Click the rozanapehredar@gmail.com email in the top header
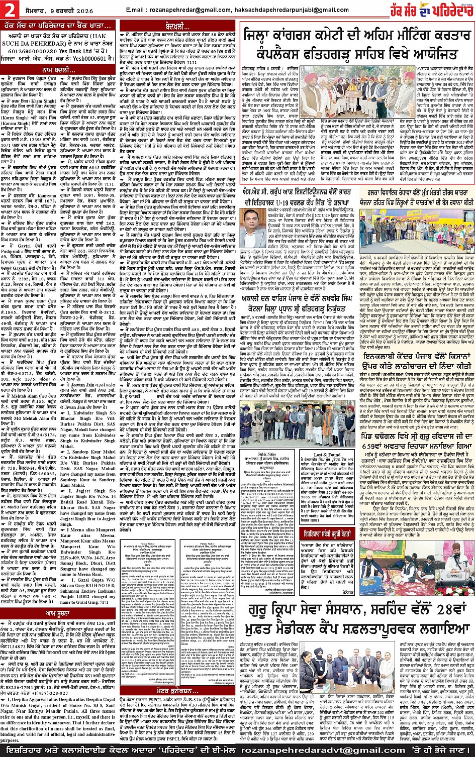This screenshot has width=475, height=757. point(183,10)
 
